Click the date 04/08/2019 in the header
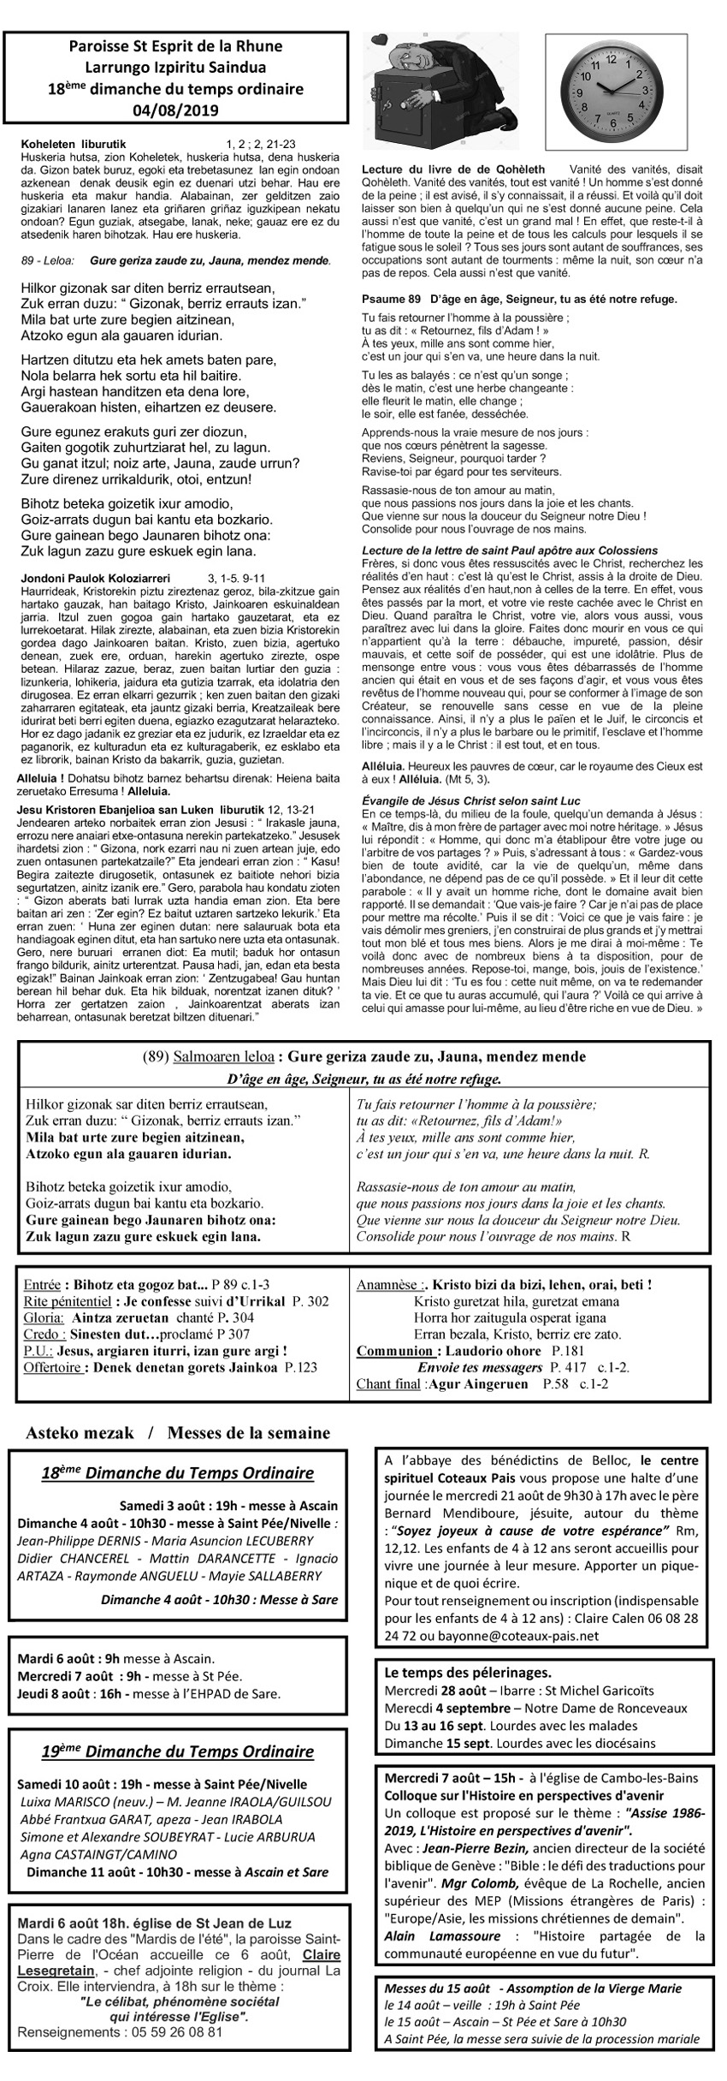(x=176, y=109)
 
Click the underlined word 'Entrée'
(x=43, y=1285)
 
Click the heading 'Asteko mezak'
(x=76, y=1432)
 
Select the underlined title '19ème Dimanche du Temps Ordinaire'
(x=177, y=1728)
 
